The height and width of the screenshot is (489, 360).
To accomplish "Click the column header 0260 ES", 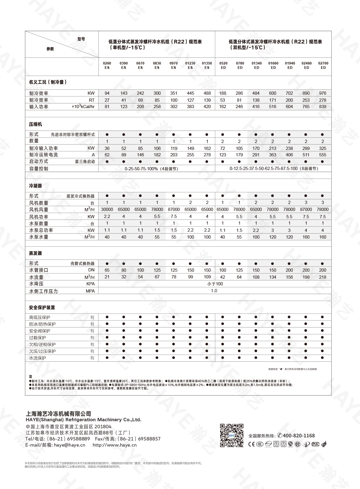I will tap(107, 65).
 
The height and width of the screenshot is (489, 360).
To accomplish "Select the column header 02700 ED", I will tap(323, 65).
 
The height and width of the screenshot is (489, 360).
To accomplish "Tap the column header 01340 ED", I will tap(257, 65).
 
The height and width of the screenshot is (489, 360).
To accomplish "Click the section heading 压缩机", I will tap(35, 124).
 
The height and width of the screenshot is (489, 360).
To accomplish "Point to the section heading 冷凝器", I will tap(35, 186).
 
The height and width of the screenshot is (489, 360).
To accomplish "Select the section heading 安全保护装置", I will tap(42, 307).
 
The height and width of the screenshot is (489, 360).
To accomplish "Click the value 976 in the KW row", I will tap(323, 93).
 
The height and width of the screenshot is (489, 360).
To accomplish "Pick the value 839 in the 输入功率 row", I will tap(323, 107).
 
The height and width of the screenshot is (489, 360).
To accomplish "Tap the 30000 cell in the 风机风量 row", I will tap(107, 209).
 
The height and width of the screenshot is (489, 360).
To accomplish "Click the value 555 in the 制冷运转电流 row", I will tap(323, 155).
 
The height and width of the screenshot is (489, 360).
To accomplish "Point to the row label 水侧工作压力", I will tap(43, 291).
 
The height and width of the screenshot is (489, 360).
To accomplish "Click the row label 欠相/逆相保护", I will tap(42, 345).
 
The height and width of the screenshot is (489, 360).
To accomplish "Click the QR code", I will tap(232, 435).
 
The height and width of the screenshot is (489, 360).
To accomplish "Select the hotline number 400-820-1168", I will tap(299, 436).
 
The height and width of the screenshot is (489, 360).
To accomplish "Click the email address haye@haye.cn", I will tap(70, 445).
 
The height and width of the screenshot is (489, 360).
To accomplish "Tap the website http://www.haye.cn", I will tap(114, 445).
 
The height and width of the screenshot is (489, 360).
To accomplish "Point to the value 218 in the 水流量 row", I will tap(323, 277).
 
